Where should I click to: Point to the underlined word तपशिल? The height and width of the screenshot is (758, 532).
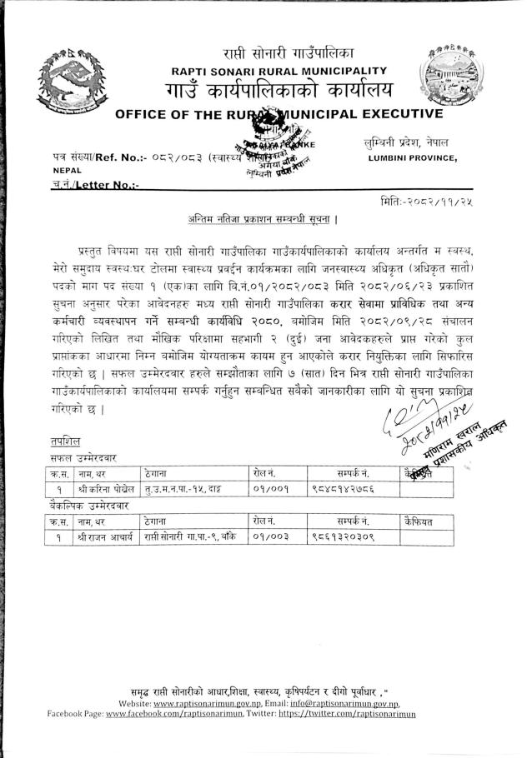coord(61,442)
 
